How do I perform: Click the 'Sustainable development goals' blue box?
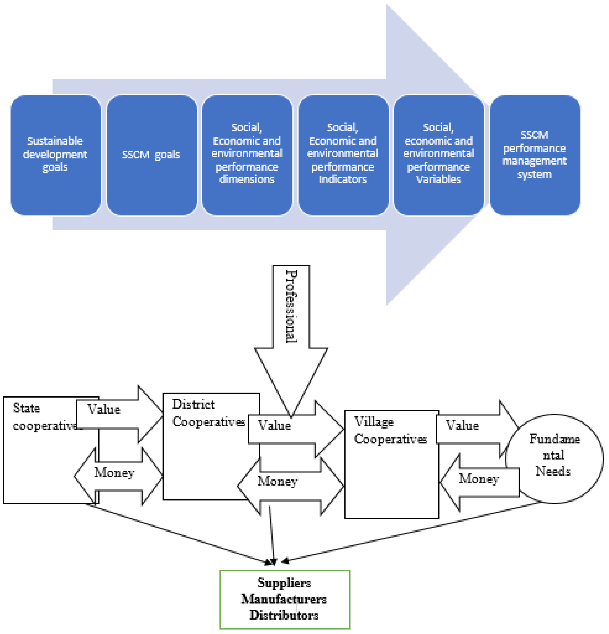(55, 155)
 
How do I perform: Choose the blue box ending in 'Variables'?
(439, 155)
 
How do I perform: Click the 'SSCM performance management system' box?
(535, 155)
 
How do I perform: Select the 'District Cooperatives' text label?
(207, 413)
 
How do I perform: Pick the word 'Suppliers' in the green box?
(284, 583)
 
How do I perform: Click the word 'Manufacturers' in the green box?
(284, 599)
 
